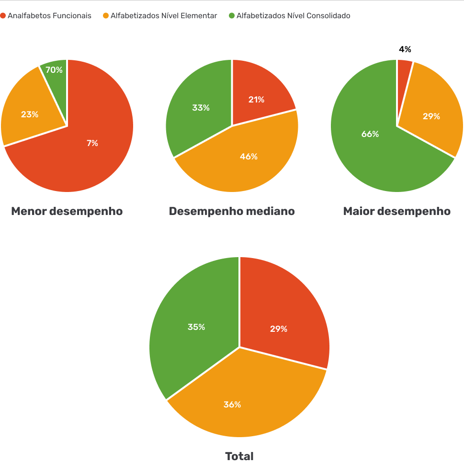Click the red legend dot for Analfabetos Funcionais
click(3, 16)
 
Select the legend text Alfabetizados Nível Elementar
click(164, 16)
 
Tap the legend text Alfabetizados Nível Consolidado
click(293, 16)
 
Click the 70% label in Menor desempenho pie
click(54, 70)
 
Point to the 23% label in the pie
click(30, 114)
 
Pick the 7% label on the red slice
click(92, 143)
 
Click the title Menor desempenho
click(67, 211)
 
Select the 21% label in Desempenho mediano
click(256, 100)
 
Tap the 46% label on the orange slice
click(249, 157)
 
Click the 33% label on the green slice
click(201, 108)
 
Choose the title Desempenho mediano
click(232, 211)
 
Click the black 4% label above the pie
click(405, 49)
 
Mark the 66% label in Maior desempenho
click(370, 134)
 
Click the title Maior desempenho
click(397, 211)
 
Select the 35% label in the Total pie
click(196, 327)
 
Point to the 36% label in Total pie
click(232, 405)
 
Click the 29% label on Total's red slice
click(279, 329)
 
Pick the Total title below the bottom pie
click(239, 456)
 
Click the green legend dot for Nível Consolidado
click(232, 16)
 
